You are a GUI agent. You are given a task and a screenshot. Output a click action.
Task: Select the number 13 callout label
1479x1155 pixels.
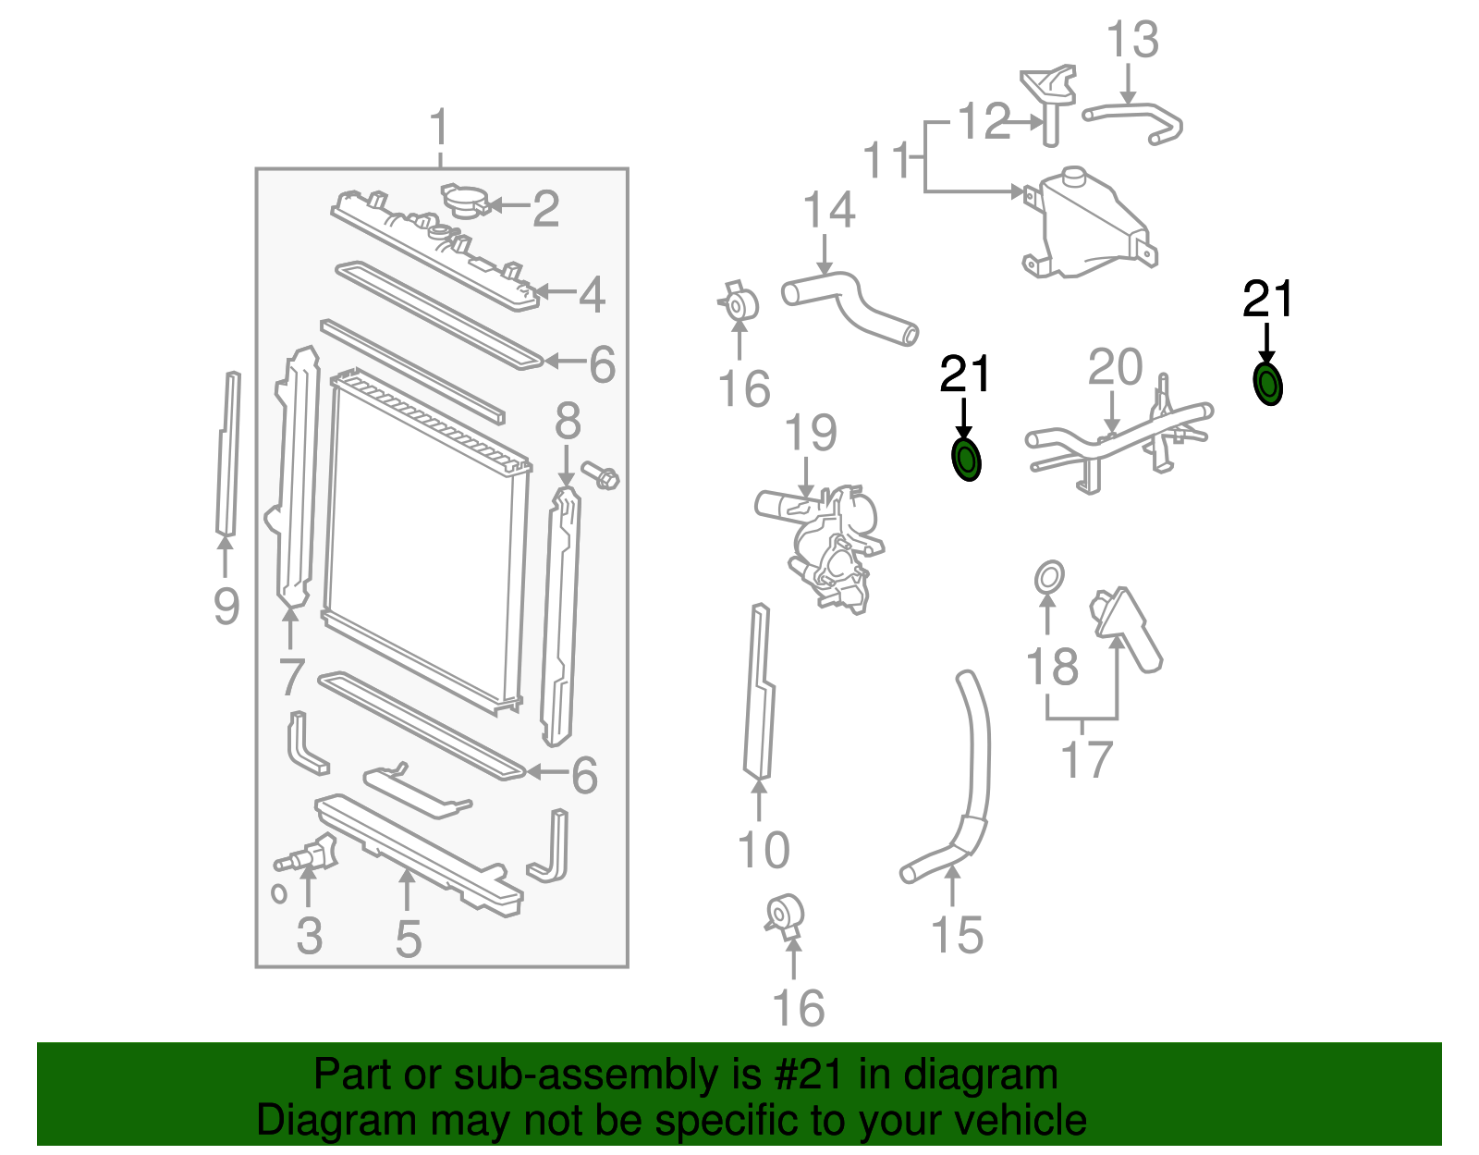tap(1132, 40)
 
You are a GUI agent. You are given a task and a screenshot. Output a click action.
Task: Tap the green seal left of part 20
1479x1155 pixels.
tap(966, 460)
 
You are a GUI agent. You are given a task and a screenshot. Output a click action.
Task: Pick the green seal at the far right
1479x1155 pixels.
tap(1267, 384)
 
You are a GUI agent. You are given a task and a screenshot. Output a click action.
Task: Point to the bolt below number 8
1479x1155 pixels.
tap(602, 477)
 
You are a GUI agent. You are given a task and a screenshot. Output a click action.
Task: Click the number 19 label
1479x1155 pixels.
tap(811, 433)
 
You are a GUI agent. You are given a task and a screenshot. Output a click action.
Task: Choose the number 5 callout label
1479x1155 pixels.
tap(408, 939)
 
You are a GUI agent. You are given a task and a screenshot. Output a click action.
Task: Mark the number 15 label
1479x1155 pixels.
tap(957, 934)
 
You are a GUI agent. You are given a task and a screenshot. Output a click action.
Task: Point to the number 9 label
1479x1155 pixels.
tap(226, 606)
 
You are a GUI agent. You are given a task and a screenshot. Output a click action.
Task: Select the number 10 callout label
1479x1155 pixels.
tap(764, 849)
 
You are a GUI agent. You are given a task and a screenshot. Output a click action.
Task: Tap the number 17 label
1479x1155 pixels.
tap(1086, 759)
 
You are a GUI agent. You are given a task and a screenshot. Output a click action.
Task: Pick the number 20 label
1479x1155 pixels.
tap(1115, 367)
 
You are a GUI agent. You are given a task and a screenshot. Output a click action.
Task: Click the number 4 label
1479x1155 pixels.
tap(592, 294)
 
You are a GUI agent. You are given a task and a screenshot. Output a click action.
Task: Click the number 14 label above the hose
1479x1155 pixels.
tap(829, 210)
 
